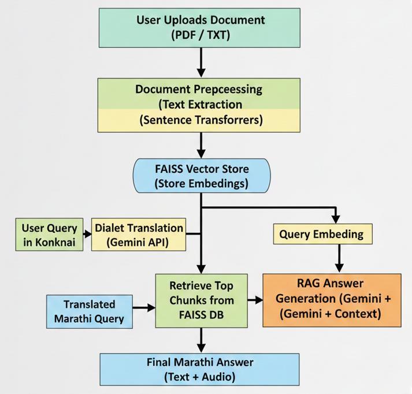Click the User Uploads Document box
pos(201,27)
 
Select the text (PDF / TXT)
pos(201,35)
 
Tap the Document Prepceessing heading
pos(199,90)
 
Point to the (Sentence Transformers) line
pos(201,120)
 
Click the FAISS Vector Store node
pos(201,176)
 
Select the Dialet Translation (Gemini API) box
pos(139,235)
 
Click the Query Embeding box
pos(322,234)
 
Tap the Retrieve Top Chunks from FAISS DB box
pos(201,300)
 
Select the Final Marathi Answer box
pos(201,370)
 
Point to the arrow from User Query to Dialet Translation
pos(87,235)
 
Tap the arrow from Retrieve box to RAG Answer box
pos(254,300)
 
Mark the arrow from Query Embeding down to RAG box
pos(339,258)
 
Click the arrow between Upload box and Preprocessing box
pos(201,62)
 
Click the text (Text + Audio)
pos(201,378)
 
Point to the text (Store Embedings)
pos(201,184)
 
